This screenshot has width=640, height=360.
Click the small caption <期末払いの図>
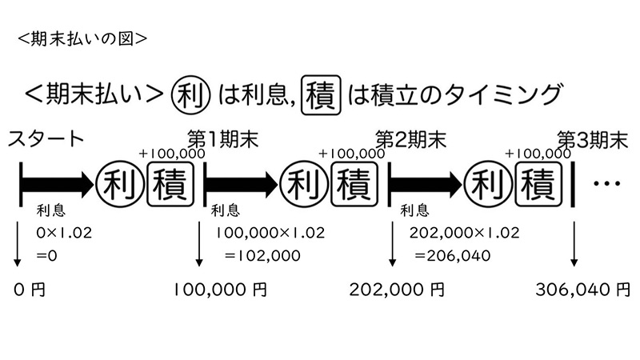point(82,39)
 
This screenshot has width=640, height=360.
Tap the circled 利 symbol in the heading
point(190,95)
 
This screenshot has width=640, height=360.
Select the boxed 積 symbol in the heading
point(321,95)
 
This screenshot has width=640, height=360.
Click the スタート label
point(46,138)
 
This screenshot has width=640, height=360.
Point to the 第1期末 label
point(223,139)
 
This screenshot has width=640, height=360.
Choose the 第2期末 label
point(411,139)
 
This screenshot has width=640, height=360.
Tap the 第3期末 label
point(593,140)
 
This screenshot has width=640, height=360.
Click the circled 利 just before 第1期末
point(119,184)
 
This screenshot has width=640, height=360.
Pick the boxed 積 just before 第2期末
point(354,184)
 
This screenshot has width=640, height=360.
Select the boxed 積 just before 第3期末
point(538,184)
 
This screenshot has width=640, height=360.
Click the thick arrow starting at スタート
point(57,184)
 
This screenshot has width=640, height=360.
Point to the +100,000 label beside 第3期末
point(538,154)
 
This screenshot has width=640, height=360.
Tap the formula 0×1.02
point(64,233)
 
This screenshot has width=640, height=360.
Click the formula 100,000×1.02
point(270,233)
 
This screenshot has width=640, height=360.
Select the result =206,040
point(453,256)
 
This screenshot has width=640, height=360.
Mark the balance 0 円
point(30,290)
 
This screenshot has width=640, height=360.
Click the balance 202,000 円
point(397,290)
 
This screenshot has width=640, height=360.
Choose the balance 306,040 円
point(583,290)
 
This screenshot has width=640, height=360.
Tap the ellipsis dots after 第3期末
point(607,184)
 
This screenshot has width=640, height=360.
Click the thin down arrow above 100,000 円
point(198,244)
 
